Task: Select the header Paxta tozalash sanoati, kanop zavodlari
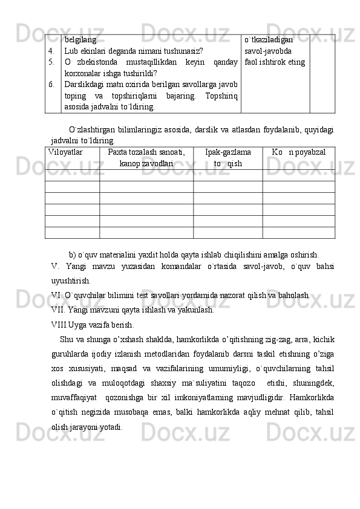tap(146, 158)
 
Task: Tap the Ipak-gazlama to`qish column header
tap(228, 158)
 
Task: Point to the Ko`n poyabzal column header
tap(298, 152)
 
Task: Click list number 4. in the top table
tap(53, 51)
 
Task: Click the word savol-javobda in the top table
tap(267, 51)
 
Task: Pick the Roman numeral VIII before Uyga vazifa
tap(59, 324)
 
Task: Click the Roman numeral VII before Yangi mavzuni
tap(57, 310)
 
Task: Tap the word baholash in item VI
tap(295, 295)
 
